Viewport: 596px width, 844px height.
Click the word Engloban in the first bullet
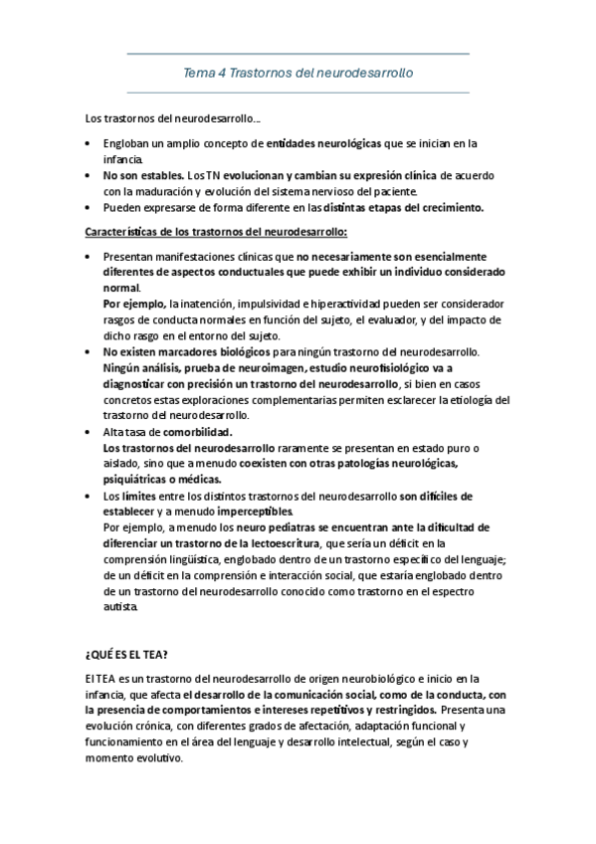[x=128, y=143]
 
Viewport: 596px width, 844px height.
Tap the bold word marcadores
[x=192, y=352]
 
